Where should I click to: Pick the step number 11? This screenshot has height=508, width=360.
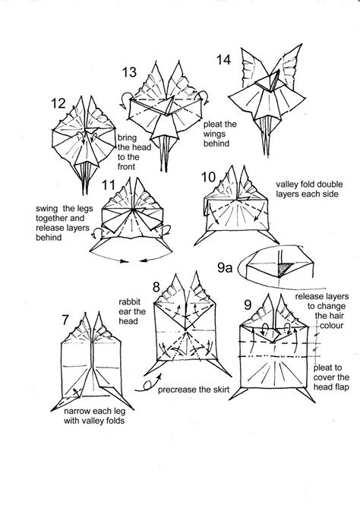(109, 185)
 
